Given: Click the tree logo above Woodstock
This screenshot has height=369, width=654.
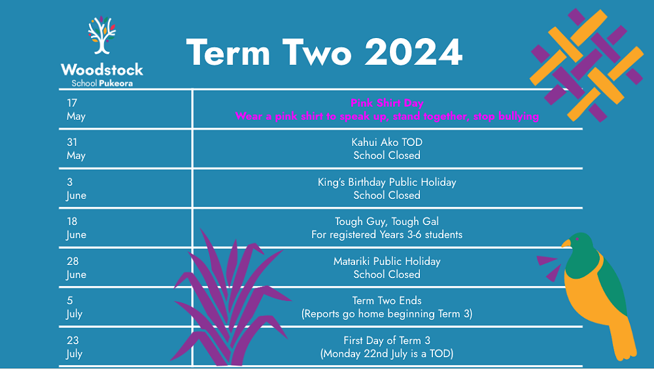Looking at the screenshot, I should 101,36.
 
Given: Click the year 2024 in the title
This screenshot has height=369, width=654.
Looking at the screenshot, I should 413,52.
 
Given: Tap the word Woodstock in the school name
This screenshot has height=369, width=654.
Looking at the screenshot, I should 101,69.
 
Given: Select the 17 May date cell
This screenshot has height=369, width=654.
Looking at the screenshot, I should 76,110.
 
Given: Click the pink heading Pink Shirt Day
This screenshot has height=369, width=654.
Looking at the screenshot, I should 387,103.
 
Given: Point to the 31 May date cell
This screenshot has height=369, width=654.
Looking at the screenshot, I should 76,149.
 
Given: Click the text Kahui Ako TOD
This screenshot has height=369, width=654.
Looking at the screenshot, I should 387,143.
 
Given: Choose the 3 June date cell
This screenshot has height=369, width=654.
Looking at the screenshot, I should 76,188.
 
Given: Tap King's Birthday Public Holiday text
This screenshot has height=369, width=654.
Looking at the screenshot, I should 387,182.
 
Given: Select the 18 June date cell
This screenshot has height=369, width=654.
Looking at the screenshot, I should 76,228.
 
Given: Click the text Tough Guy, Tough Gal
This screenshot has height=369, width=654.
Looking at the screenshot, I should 387,222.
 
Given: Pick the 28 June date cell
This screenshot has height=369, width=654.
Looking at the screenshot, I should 76,268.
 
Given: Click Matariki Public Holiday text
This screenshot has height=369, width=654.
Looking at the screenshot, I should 387,262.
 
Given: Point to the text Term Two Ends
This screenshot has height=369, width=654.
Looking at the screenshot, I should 387,301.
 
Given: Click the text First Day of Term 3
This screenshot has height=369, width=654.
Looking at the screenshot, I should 387,341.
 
